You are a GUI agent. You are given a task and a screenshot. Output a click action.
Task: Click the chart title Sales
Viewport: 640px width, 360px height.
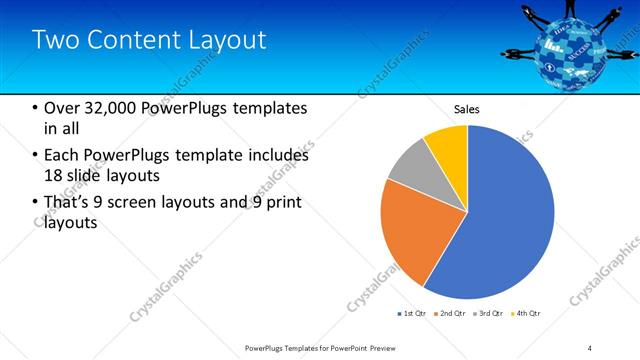coord(467,108)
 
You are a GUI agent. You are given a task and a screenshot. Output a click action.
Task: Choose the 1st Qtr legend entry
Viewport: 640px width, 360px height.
coord(411,314)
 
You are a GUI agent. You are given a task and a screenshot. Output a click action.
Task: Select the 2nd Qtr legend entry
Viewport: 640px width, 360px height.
coord(449,314)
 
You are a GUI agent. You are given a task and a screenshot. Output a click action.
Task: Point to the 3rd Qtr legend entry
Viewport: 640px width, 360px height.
coord(488,314)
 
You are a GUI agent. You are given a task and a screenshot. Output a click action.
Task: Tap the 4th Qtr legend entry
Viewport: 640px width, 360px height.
coord(526,314)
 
